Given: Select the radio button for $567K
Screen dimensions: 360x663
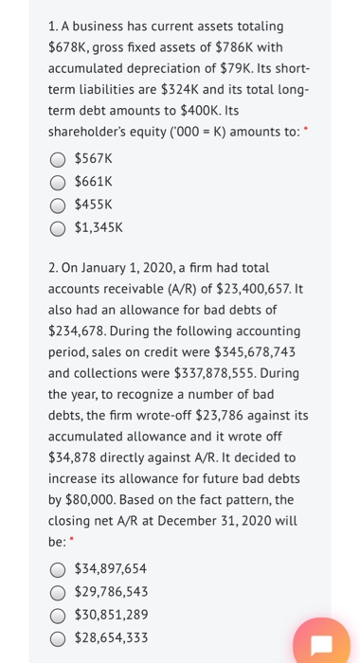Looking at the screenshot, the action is tap(59, 159).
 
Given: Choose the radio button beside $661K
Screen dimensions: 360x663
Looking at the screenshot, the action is tap(59, 182).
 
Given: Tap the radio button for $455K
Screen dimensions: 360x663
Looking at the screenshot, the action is tap(59, 205).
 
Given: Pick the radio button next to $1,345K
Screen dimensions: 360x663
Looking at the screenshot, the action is tap(59, 227).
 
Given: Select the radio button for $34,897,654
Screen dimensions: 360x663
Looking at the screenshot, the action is tap(59, 569).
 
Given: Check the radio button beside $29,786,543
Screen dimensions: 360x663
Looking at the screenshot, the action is tap(59, 592).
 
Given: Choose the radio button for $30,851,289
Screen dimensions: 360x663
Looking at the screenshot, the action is tap(59, 615).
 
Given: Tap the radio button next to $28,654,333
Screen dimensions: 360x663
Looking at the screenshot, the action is tap(59, 637).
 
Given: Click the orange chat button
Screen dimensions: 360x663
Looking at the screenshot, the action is tap(320, 644).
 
